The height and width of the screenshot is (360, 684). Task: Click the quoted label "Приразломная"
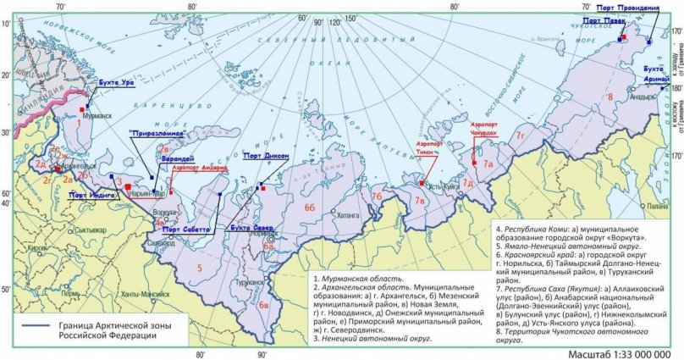[156, 134]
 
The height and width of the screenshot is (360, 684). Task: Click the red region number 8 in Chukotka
[609, 98]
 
